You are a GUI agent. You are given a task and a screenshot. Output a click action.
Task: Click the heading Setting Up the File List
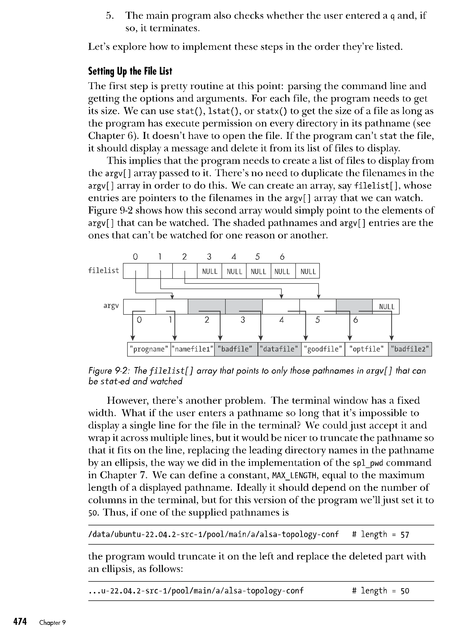tap(130, 71)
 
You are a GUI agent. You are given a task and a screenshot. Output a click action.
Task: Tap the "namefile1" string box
tap(192, 349)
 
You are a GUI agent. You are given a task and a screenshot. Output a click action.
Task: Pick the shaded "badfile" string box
tap(236, 349)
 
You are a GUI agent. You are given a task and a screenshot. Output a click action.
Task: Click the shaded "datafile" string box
tap(280, 349)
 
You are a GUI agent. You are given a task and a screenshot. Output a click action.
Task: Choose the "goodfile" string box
tap(323, 349)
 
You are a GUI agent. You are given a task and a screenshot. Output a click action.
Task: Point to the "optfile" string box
tap(366, 349)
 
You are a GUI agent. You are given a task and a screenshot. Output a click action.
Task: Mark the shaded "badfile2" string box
tap(410, 349)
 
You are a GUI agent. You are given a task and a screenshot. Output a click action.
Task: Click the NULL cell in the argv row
tap(386, 307)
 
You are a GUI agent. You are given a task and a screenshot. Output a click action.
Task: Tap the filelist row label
tap(103, 270)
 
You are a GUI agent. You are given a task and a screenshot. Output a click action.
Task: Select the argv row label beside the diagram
tap(111, 306)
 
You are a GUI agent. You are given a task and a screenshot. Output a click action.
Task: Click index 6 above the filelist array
tap(282, 257)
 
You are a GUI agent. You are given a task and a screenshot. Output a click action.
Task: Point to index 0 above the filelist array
tap(135, 257)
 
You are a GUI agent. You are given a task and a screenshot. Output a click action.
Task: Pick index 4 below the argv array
tap(281, 320)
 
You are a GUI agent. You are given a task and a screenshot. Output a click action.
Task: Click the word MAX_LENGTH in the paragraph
tap(294, 475)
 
